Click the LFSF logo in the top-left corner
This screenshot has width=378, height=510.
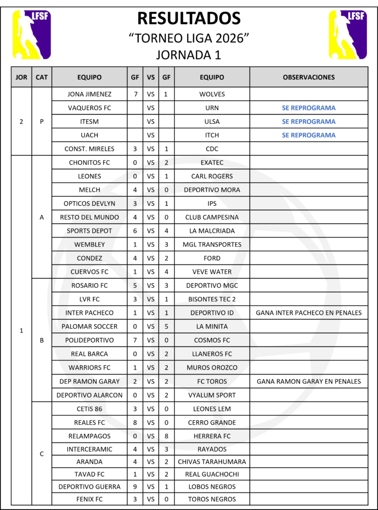(32, 34)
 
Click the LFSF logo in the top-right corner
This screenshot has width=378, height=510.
(347, 34)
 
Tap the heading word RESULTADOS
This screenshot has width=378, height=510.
(189, 18)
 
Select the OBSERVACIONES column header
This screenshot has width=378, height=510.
(309, 77)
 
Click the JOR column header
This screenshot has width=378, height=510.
(21, 77)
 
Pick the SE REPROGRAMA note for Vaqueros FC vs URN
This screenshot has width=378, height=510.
(309, 108)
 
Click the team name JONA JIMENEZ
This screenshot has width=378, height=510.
(89, 94)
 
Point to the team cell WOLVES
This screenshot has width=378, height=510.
(212, 94)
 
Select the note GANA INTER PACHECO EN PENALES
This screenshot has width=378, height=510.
(309, 313)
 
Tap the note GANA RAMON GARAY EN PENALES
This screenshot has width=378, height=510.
(309, 382)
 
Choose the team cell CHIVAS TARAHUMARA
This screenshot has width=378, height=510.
(212, 462)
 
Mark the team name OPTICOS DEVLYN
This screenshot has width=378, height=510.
(89, 203)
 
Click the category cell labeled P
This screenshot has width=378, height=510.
(42, 122)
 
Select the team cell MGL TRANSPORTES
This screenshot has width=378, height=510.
(212, 245)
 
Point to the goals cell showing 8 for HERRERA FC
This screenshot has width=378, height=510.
(166, 436)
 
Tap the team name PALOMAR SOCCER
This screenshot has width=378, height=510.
(89, 327)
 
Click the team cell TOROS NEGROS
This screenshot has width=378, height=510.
(212, 499)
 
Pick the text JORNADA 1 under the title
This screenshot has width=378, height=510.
(189, 54)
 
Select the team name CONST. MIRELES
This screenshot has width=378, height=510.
(89, 149)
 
